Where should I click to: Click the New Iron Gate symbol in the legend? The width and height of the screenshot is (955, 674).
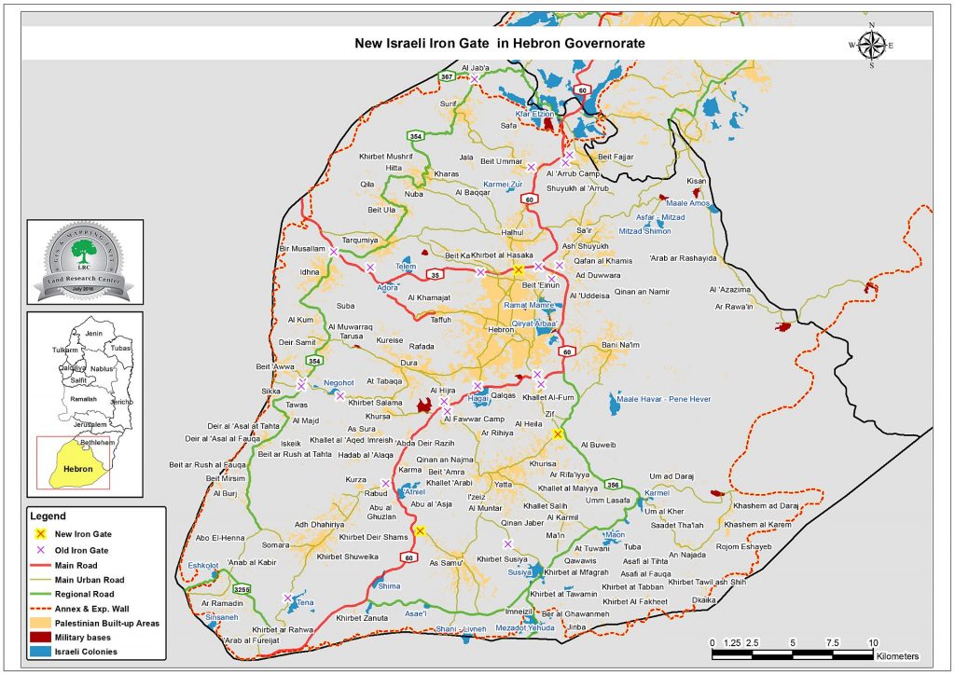tap(41, 534)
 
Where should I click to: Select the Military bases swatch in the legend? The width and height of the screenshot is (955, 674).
tap(43, 638)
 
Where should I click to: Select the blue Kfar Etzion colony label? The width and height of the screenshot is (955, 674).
tap(535, 114)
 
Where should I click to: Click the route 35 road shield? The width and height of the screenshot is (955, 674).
tap(434, 275)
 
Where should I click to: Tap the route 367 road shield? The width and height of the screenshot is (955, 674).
tap(447, 76)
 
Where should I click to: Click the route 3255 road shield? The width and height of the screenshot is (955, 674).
tap(241, 589)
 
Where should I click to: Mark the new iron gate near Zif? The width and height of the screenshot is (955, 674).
tap(558, 434)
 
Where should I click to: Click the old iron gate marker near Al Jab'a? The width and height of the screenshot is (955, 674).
tap(475, 80)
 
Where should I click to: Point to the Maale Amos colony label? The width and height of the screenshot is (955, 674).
tap(688, 203)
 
